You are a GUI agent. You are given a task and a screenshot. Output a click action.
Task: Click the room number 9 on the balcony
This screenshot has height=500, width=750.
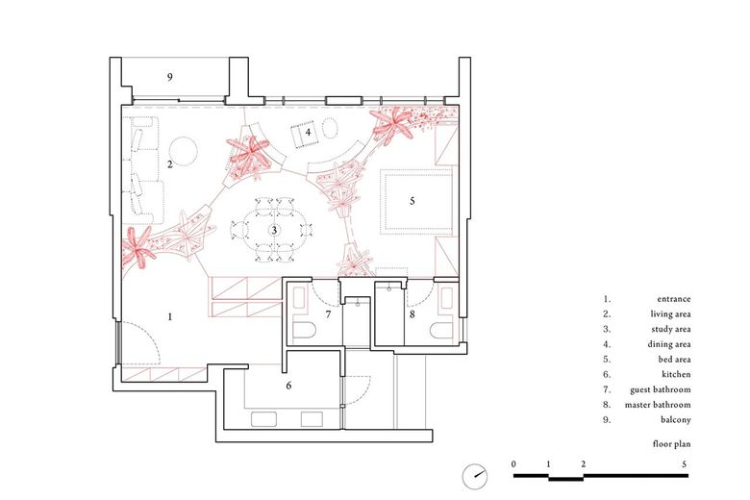click(x=170, y=77)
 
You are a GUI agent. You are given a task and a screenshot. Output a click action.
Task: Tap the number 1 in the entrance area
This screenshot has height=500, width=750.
click(x=170, y=316)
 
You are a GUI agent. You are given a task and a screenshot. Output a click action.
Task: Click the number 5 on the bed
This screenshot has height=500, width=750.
click(x=412, y=202)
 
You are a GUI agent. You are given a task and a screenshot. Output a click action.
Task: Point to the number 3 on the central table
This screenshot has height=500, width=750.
click(x=274, y=231)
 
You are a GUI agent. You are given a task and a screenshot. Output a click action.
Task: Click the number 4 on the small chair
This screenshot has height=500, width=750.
click(x=308, y=133)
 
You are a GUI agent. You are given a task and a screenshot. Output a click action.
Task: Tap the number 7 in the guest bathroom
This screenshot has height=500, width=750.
click(x=328, y=314)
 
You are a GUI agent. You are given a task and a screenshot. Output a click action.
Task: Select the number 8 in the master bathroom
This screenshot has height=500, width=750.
click(x=412, y=314)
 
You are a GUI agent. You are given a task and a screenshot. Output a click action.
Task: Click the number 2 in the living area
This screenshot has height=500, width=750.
click(x=169, y=164)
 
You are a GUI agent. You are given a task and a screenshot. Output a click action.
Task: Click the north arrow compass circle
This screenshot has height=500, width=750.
click(x=473, y=474)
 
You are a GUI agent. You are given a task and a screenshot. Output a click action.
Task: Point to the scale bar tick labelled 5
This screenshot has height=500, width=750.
click(x=684, y=463)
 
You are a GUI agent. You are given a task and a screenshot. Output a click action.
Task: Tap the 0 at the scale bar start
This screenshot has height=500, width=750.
click(x=514, y=463)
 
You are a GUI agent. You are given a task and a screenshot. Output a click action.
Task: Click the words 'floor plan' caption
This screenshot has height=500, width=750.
click(x=669, y=445)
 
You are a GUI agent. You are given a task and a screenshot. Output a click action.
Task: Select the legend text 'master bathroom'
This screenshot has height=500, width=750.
click(x=656, y=404)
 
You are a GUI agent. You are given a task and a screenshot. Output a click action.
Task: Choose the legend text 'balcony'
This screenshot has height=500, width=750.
click(x=675, y=419)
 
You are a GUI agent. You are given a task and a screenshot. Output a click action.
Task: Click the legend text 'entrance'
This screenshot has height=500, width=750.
click(x=673, y=299)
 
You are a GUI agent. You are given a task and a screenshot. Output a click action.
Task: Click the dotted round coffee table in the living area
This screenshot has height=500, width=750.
click(x=183, y=149)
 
